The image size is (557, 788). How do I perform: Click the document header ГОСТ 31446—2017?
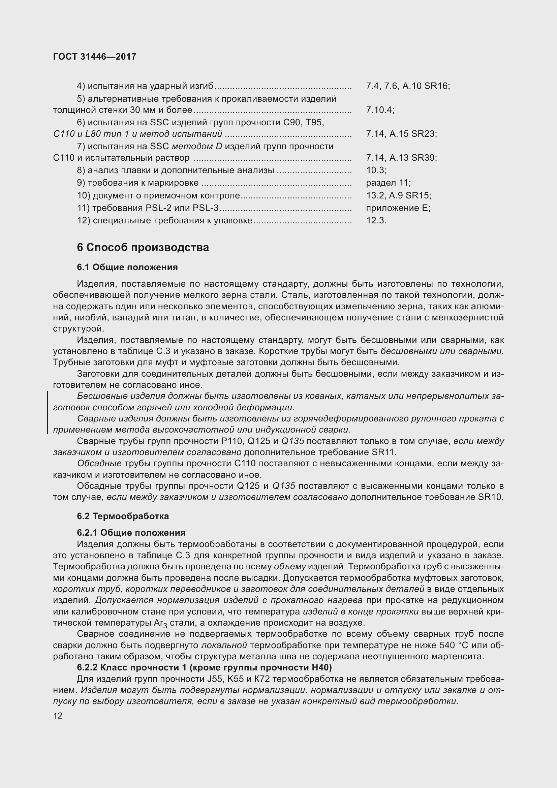click(95, 57)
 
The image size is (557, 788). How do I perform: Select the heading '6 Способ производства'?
click(143, 248)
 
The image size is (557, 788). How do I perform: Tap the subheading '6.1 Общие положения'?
click(127, 267)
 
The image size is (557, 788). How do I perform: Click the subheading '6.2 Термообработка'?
click(123, 516)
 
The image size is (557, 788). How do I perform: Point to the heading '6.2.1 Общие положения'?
click(131, 533)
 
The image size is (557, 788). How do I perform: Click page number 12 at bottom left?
click(58, 716)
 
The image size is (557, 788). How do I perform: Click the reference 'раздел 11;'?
click(388, 183)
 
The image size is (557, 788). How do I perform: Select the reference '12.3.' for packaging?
click(376, 221)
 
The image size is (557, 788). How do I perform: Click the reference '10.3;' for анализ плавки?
click(376, 170)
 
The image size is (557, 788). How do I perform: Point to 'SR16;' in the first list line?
click(437, 86)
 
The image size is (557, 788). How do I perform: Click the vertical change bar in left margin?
click(48, 413)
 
